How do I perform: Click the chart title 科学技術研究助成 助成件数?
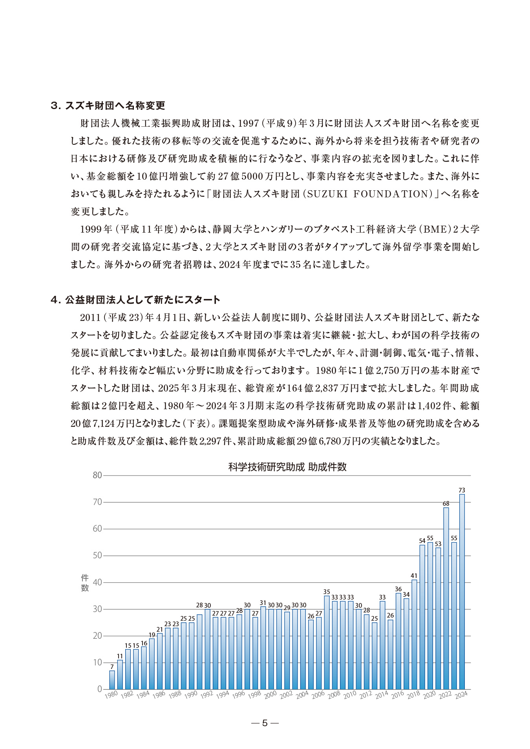pyautogui.click(x=287, y=467)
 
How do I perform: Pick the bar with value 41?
pyautogui.click(x=414, y=634)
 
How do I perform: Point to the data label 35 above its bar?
pyautogui.click(x=327, y=592)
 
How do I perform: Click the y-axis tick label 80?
pyautogui.click(x=97, y=476)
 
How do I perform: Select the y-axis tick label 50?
pyautogui.click(x=97, y=556)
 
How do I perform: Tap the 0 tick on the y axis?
pyautogui.click(x=99, y=689)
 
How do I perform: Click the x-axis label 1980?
pyautogui.click(x=111, y=695)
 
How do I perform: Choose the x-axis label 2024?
pyautogui.click(x=461, y=695)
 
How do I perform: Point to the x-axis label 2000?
pyautogui.click(x=270, y=695)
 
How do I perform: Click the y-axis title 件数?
pyautogui.click(x=85, y=583)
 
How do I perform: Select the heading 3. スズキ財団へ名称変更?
pyautogui.click(x=108, y=106)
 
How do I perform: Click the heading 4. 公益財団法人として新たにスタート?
pyautogui.click(x=135, y=300)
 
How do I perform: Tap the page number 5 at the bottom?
pyautogui.click(x=265, y=723)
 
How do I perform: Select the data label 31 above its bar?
pyautogui.click(x=263, y=603)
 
